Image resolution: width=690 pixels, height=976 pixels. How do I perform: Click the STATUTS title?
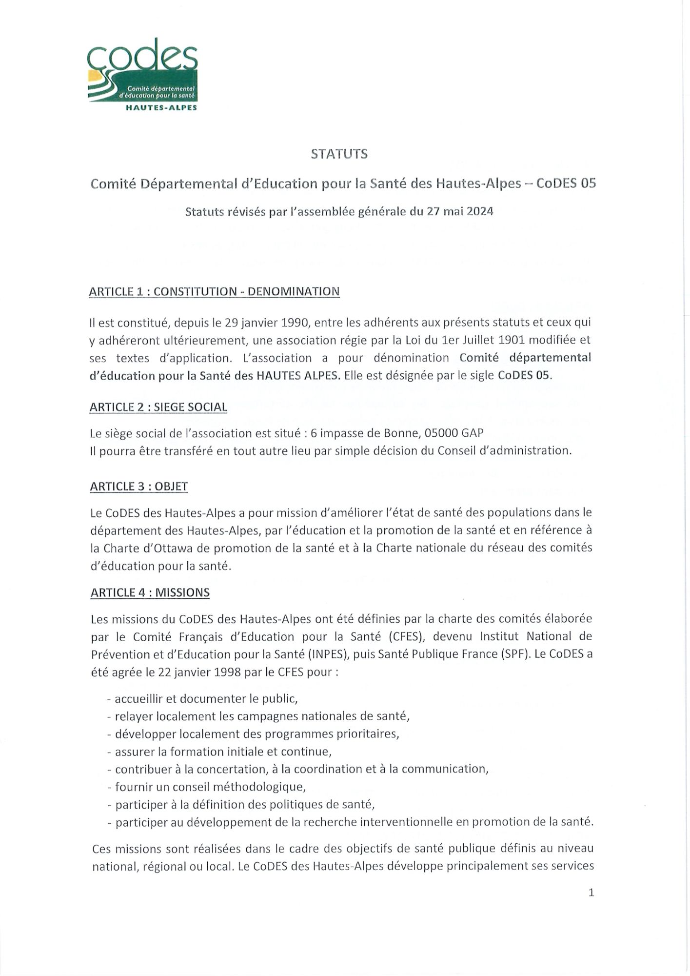coord(339,154)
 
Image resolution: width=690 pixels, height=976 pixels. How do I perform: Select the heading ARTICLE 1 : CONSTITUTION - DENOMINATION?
coord(214,292)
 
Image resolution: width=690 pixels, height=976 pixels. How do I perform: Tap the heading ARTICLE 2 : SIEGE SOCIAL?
coord(158,407)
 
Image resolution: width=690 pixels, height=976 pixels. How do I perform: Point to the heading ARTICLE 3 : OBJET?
coord(139,487)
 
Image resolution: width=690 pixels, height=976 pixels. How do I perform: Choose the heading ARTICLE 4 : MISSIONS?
coord(150,592)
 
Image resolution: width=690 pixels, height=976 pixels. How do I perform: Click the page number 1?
coord(591,893)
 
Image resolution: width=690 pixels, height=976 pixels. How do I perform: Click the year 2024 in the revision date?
coord(480,212)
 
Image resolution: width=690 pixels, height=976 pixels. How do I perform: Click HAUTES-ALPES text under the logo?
coord(161,108)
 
